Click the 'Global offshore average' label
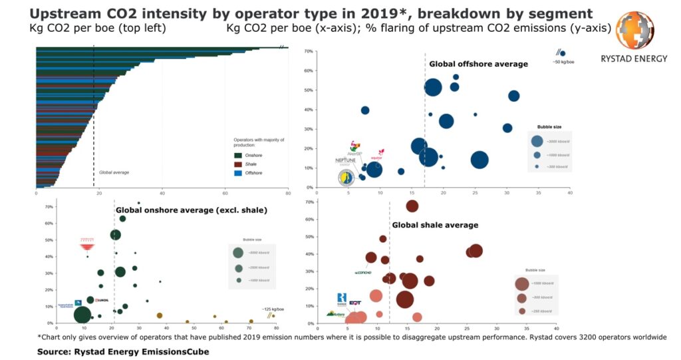click(x=478, y=64)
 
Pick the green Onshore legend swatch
click(x=239, y=155)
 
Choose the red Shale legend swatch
click(x=239, y=164)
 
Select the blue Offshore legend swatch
click(x=239, y=173)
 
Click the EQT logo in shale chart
click(x=355, y=303)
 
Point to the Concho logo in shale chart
click(x=363, y=272)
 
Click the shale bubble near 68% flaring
click(x=412, y=206)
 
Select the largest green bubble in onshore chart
click(x=82, y=314)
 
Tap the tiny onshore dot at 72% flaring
click(x=138, y=203)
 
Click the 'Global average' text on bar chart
click(x=114, y=172)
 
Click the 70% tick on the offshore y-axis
click(x=309, y=70)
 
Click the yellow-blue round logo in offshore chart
click(x=346, y=178)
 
